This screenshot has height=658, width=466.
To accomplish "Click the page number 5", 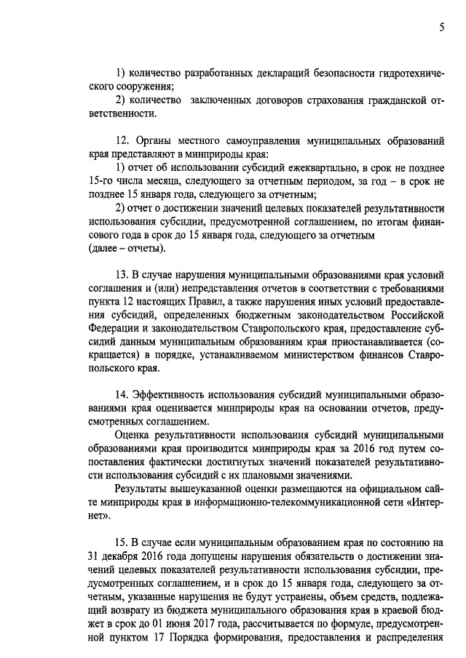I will click(441, 28).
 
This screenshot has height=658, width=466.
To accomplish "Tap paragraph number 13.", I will click(122, 276).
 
